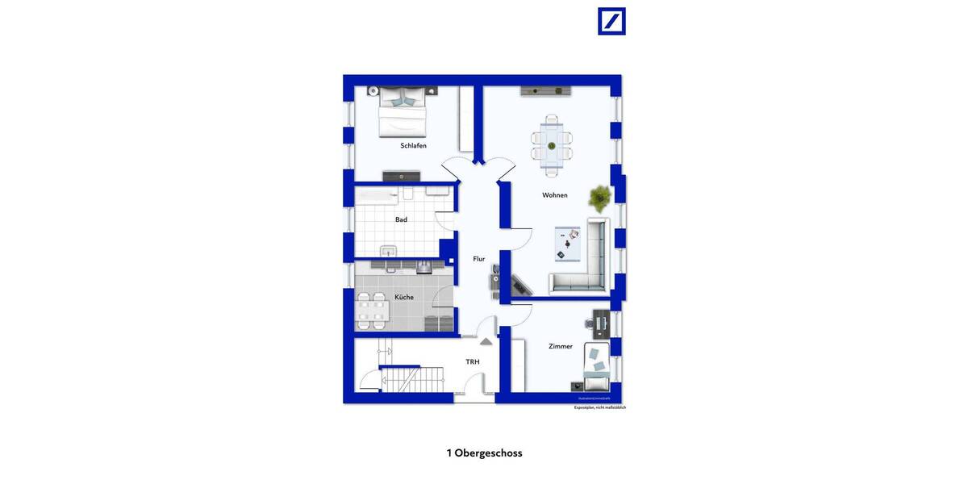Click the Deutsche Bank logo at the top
click(x=611, y=21)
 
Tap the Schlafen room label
click(x=413, y=146)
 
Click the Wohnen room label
click(x=554, y=195)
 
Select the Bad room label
click(x=401, y=219)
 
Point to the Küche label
click(x=403, y=298)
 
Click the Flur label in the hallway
click(x=478, y=259)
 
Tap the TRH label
click(x=473, y=362)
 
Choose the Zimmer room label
click(x=560, y=346)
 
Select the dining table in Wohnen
click(x=552, y=146)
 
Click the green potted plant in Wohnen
click(x=600, y=196)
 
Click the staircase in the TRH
click(x=411, y=378)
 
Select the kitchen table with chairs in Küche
click(x=372, y=311)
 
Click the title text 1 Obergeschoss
click(x=484, y=453)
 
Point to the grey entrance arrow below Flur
click(x=486, y=341)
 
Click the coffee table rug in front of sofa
click(x=567, y=244)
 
